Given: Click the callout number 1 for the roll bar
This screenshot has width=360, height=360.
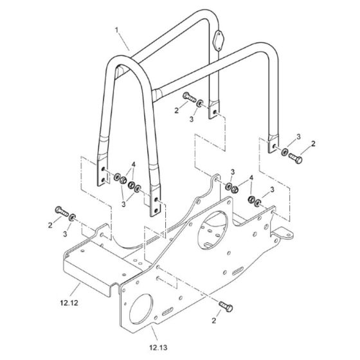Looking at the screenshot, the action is [116, 30].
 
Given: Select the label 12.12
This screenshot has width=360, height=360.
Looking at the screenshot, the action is [69, 303].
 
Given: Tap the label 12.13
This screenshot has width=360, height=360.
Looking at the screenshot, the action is [158, 348].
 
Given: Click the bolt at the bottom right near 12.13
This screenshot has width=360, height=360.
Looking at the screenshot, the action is [226, 307].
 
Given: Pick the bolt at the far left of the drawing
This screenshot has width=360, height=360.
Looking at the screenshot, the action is [62, 212].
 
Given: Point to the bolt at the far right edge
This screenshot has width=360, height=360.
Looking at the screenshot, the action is [295, 158].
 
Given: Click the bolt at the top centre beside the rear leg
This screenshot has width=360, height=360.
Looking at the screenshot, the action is [190, 97].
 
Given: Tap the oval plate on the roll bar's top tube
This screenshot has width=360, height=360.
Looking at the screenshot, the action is [217, 40].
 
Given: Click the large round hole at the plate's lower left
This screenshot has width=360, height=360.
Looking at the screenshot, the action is [141, 308].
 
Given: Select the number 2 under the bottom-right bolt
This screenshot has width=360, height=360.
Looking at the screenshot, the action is [213, 321].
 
